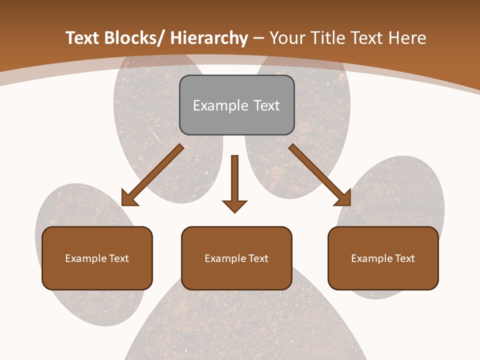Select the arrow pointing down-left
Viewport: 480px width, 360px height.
[153, 174]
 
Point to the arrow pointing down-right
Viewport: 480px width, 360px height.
[319, 174]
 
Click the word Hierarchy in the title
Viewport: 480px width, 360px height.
[209, 38]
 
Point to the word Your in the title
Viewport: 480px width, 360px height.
[286, 38]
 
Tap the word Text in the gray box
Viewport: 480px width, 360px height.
[266, 105]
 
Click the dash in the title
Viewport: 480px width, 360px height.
[258, 38]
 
